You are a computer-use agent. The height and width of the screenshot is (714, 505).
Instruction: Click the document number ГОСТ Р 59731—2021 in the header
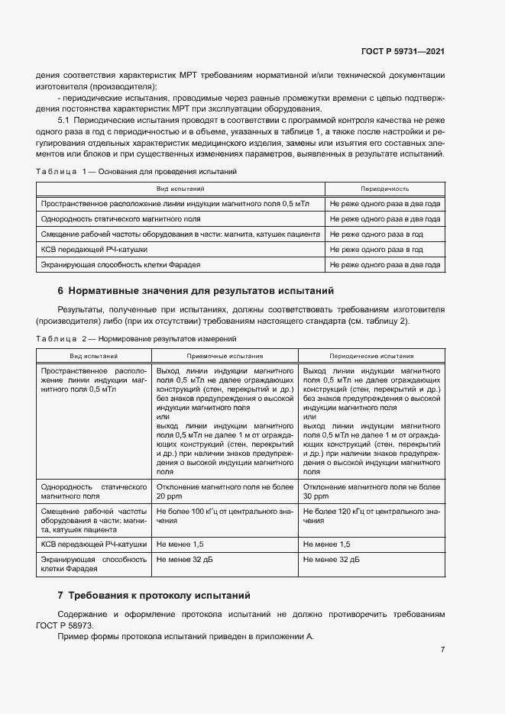pyautogui.click(x=402, y=52)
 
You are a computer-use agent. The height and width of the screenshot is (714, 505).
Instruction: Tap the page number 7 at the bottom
pyautogui.click(x=442, y=649)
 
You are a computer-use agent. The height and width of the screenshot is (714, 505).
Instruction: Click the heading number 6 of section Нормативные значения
pyautogui.click(x=60, y=291)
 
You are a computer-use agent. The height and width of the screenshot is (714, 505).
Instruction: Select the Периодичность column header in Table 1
pyautogui.click(x=384, y=188)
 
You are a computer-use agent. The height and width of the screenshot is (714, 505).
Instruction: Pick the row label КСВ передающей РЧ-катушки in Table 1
pyautogui.click(x=94, y=250)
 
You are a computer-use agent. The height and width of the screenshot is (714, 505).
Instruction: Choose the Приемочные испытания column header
pyautogui.click(x=225, y=355)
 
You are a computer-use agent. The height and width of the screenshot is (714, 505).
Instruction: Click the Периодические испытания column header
pyautogui.click(x=371, y=355)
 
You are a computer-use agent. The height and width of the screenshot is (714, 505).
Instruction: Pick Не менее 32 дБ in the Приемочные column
pyautogui.click(x=183, y=560)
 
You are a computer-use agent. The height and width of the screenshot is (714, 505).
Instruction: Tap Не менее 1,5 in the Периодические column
pyautogui.click(x=327, y=544)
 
